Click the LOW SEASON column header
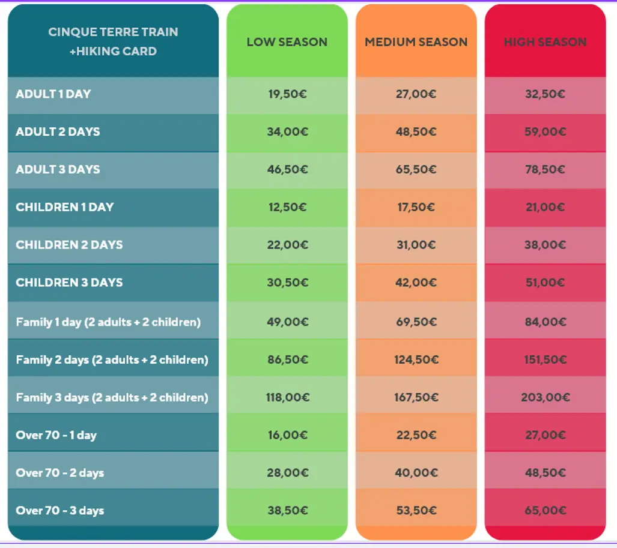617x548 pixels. pos(287,42)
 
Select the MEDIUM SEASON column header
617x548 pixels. pos(416,42)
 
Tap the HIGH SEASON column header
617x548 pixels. pos(545,42)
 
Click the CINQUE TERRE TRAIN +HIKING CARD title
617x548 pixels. pos(113,41)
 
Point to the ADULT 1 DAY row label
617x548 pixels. pos(53,94)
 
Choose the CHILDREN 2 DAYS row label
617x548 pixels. pos(69,245)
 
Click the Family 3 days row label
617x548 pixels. pos(112,397)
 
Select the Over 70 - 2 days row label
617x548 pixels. pos(60,473)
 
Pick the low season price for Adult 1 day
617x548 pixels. pos(287,94)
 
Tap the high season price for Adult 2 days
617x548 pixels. pos(545,132)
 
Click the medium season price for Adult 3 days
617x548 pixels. pos(416,170)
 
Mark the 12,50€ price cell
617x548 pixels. pos(287,207)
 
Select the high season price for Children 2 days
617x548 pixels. pos(545,245)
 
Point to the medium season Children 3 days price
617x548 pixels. pos(416,283)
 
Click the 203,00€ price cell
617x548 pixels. pos(545,397)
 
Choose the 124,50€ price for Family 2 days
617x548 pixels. pos(416,360)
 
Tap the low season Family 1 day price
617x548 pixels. pos(287,322)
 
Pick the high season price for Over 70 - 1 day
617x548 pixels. pos(545,435)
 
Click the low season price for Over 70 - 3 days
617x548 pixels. pos(287,511)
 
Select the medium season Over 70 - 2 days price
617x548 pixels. pos(416,473)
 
